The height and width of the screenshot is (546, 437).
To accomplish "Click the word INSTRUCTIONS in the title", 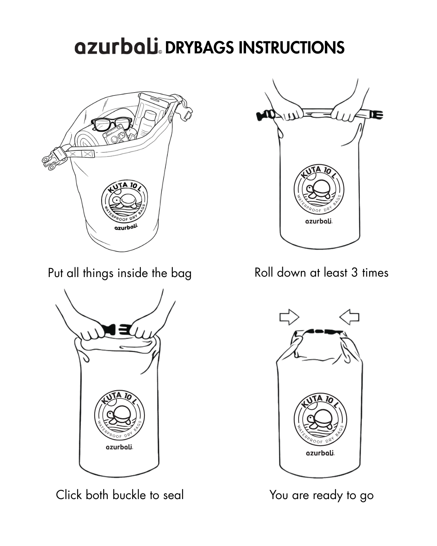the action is [x=291, y=47].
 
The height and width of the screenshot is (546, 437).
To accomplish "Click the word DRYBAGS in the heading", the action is [x=199, y=47].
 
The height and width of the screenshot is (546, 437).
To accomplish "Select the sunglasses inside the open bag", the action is [x=112, y=124].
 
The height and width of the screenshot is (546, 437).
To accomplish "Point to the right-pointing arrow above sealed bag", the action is [x=289, y=317].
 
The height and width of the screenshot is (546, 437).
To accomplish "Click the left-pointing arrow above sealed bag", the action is [x=349, y=317].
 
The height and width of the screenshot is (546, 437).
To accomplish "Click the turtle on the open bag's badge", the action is [x=123, y=201].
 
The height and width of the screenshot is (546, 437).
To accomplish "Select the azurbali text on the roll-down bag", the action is [x=319, y=221].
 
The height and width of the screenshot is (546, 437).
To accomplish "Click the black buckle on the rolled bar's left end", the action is [x=264, y=115].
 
